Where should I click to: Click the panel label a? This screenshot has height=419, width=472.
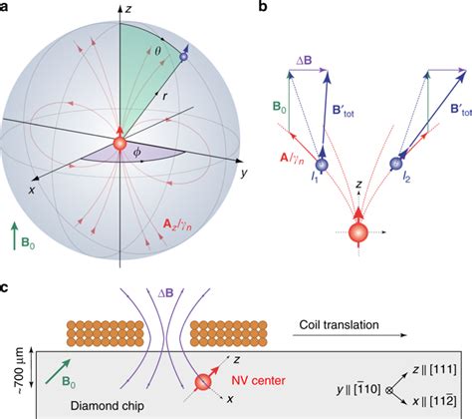(7, 8)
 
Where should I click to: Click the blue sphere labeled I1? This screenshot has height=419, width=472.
(323, 165)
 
